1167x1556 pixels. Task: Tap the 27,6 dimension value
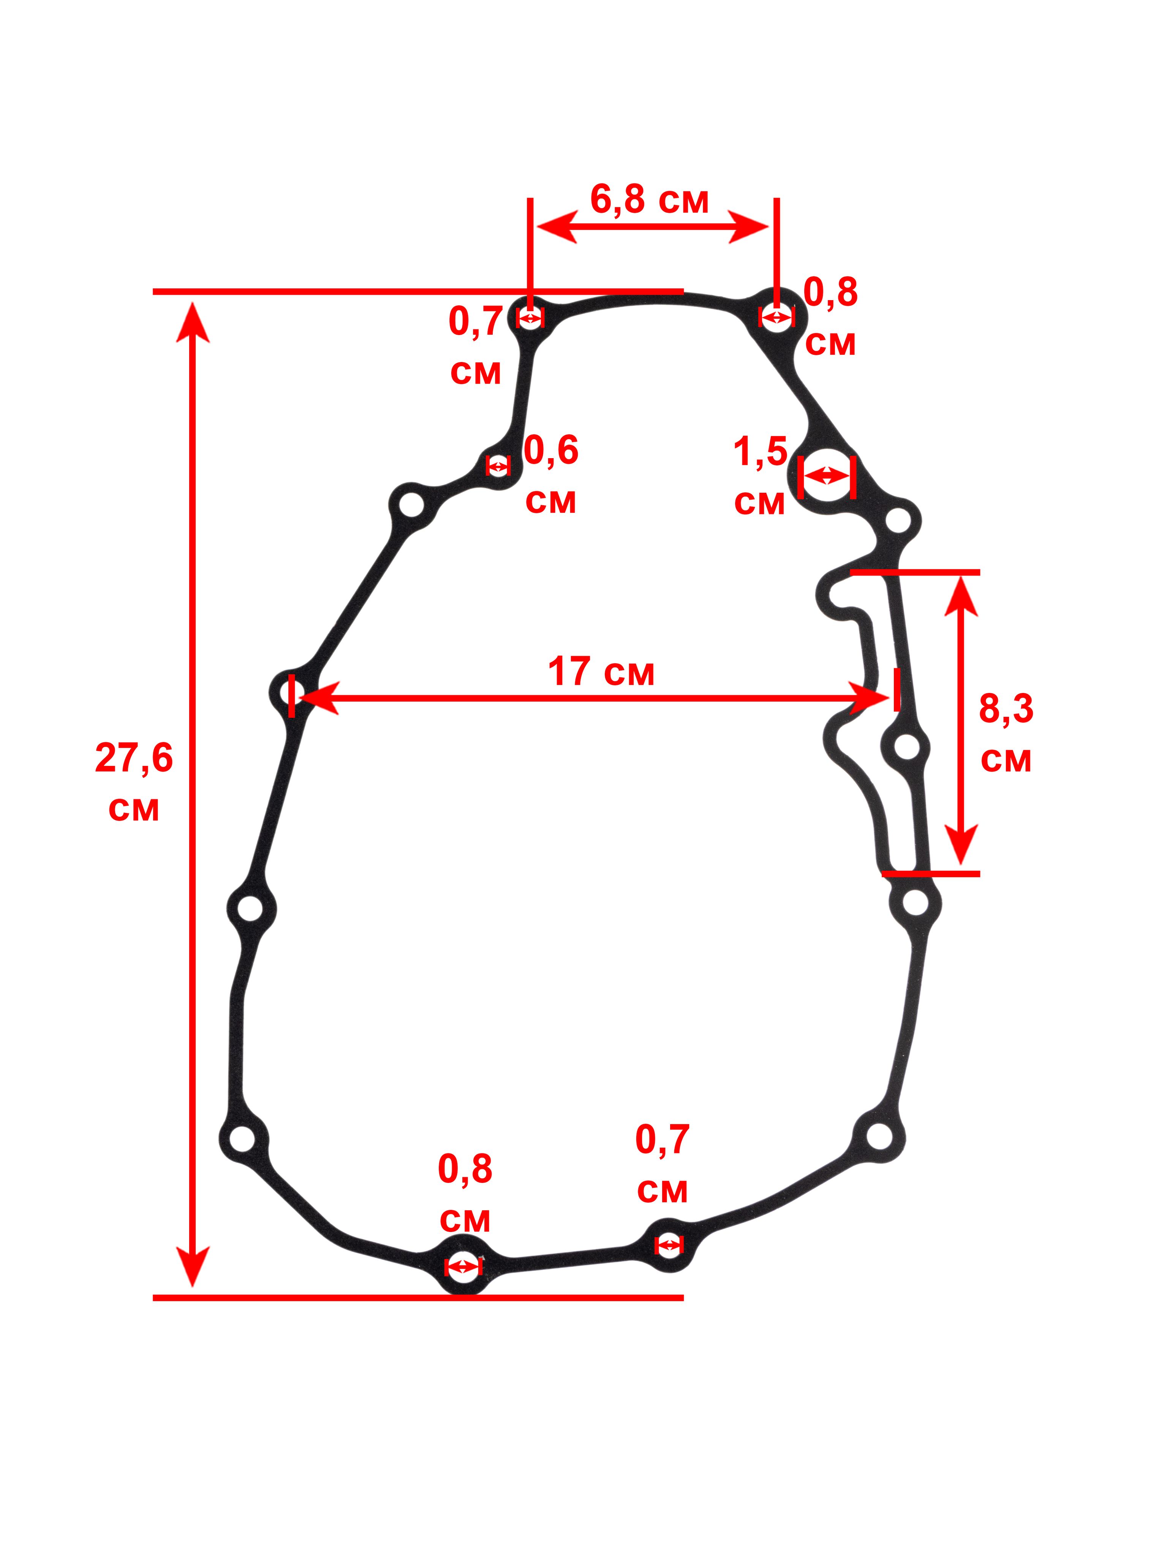pos(134,760)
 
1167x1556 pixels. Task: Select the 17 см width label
pos(601,672)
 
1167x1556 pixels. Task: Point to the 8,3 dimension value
pos(1006,709)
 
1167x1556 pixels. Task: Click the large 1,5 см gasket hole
pos(827,476)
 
